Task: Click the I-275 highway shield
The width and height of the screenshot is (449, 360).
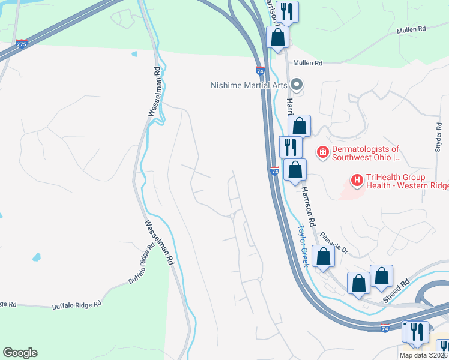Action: click(x=22, y=44)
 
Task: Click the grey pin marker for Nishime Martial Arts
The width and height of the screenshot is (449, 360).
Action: click(x=295, y=84)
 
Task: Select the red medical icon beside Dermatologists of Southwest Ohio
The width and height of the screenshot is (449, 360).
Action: click(x=323, y=153)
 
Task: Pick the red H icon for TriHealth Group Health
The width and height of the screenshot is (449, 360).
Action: click(x=357, y=179)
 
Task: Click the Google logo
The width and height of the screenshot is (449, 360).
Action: click(x=20, y=353)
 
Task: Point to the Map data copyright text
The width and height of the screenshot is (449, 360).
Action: click(x=424, y=355)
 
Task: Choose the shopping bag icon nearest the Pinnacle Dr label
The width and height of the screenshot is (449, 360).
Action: click(x=323, y=256)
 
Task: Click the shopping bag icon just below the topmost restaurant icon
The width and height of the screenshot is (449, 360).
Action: click(x=278, y=37)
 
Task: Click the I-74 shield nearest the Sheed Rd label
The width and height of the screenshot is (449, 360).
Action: click(x=385, y=328)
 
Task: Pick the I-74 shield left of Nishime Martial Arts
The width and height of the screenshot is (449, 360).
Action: click(x=261, y=70)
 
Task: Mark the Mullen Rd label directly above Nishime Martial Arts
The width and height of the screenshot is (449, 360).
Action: click(x=307, y=63)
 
